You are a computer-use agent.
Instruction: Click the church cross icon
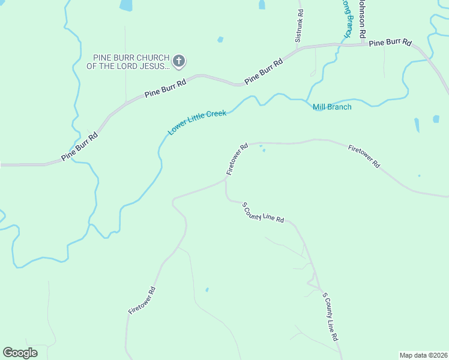(179, 61)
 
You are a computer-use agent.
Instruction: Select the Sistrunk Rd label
(299, 26)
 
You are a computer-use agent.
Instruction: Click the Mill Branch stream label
(332, 107)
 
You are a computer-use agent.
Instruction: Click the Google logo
(20, 353)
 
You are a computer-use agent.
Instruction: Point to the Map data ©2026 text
(423, 355)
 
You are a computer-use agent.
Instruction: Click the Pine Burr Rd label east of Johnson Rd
(390, 43)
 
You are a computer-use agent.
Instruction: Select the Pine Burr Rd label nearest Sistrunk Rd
(263, 71)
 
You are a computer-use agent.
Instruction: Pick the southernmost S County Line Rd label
(331, 317)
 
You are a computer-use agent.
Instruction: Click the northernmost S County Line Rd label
(263, 213)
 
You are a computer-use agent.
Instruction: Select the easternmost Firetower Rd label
(364, 155)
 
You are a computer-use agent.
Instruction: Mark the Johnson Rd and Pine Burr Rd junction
(362, 43)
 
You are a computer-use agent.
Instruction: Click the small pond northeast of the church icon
(220, 40)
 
